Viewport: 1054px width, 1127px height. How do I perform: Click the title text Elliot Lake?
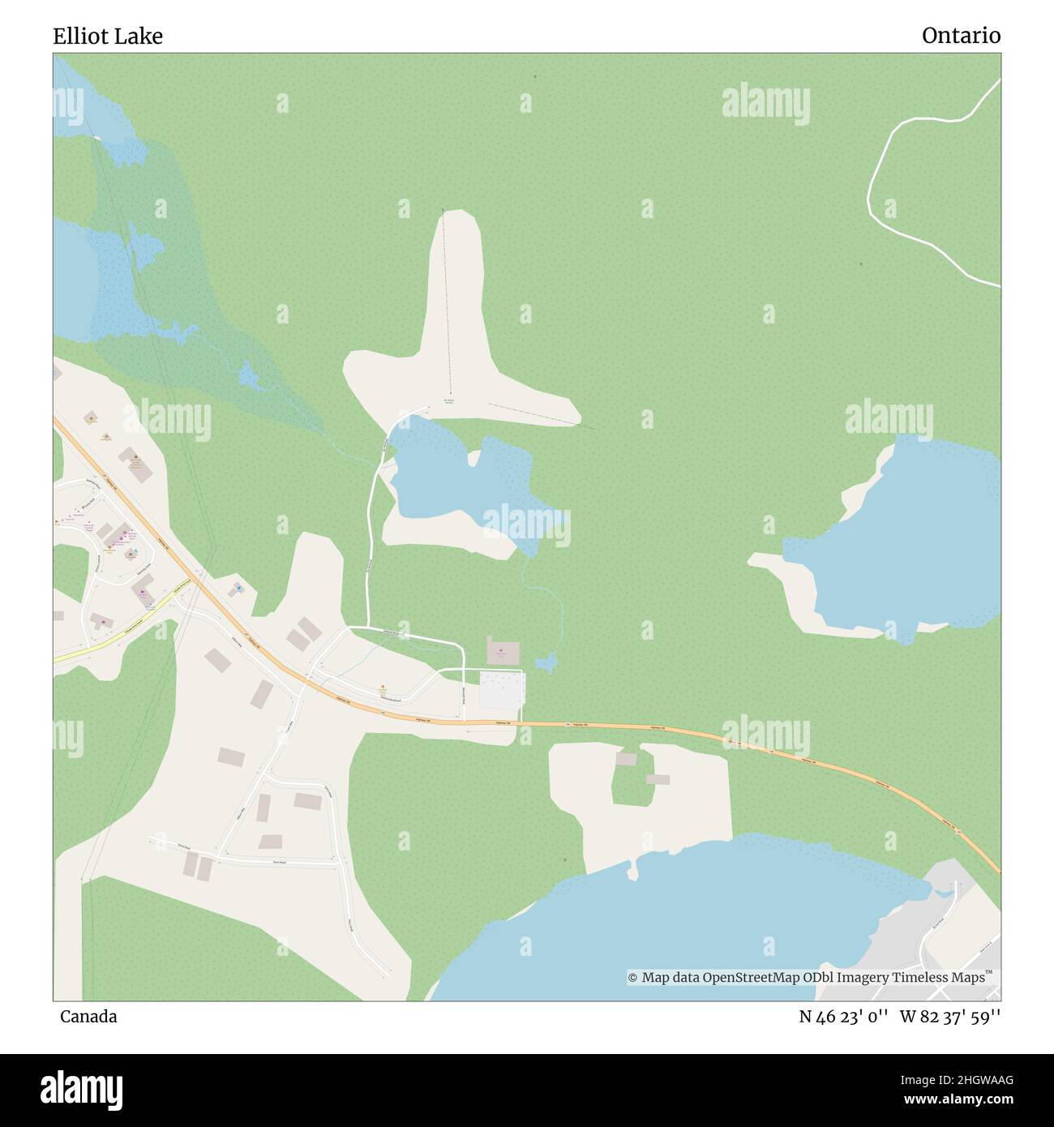click(x=108, y=36)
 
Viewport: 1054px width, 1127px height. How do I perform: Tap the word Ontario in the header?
click(x=961, y=36)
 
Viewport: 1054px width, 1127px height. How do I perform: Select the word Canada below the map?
click(x=88, y=1017)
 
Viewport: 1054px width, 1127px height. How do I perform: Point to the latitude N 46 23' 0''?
click(x=844, y=1017)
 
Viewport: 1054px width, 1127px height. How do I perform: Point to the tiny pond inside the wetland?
click(x=246, y=375)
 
